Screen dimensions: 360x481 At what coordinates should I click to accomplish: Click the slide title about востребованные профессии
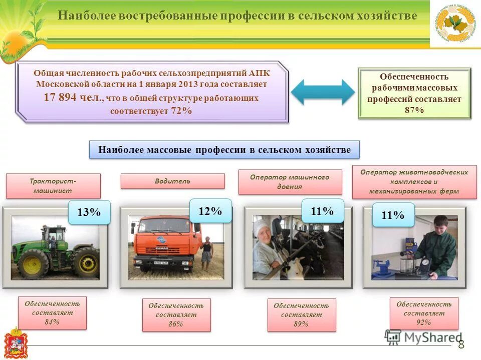[x=237, y=16]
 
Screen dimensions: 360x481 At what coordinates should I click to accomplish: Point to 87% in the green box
[x=414, y=110]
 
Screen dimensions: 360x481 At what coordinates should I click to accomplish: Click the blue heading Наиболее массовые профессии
[x=224, y=149]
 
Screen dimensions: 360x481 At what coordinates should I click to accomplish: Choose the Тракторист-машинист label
[x=53, y=185]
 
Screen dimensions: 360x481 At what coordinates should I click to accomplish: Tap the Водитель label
[x=172, y=181]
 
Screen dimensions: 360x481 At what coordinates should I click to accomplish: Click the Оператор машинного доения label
[x=290, y=182]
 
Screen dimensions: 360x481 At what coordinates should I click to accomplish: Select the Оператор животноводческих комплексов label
[x=414, y=181]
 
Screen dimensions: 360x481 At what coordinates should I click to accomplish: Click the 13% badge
[x=89, y=212]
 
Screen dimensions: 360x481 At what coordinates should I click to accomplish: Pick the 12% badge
[x=210, y=211]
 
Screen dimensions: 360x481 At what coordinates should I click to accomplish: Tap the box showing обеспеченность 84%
[x=52, y=312]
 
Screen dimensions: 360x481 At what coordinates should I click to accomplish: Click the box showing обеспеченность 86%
[x=176, y=314]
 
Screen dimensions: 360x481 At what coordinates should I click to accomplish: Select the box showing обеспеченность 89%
[x=301, y=314]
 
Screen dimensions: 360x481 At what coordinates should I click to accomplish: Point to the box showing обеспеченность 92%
[x=423, y=313]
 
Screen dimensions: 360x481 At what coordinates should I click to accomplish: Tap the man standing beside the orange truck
[x=206, y=253]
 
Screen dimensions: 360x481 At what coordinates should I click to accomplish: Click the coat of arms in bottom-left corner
[x=15, y=343]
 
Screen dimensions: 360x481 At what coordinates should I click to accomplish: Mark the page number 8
[x=461, y=344]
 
